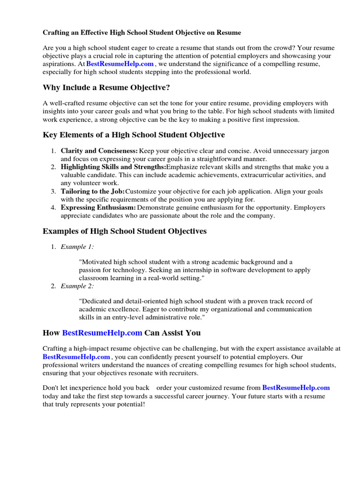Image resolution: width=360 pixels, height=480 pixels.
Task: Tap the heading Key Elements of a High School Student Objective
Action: [x=134, y=135]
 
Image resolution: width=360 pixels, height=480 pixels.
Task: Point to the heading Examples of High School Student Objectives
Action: [x=125, y=231]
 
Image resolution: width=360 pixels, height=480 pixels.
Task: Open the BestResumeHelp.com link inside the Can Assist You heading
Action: [x=102, y=333]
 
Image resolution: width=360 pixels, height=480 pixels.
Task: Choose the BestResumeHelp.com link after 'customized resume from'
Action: [x=296, y=388]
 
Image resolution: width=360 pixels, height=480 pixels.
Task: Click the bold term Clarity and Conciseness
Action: [x=99, y=151]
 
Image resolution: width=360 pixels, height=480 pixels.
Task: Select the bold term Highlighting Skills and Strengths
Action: [x=113, y=167]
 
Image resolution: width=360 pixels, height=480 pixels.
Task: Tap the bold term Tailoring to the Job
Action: [x=92, y=191]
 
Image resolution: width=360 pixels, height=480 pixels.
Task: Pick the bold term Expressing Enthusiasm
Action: [x=98, y=208]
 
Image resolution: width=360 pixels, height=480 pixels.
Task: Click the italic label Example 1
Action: [x=74, y=247]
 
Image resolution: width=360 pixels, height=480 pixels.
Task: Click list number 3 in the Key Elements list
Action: [x=53, y=191]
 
